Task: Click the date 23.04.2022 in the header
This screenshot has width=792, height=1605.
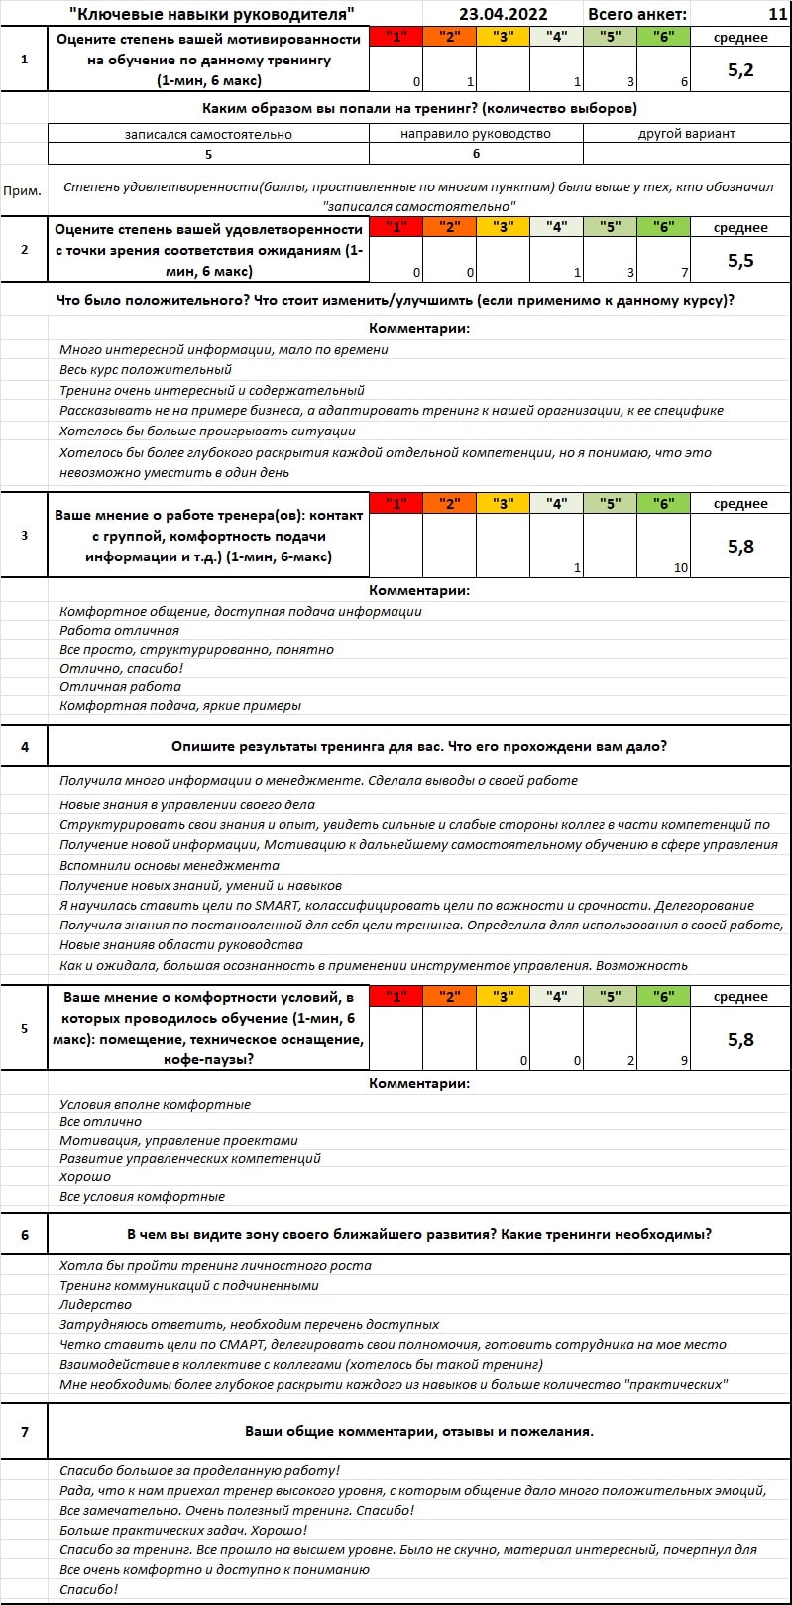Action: [503, 14]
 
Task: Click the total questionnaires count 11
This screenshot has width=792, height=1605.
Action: [777, 14]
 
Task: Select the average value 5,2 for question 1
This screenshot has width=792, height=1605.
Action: [740, 69]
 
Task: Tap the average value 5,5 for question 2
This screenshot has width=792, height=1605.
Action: [740, 260]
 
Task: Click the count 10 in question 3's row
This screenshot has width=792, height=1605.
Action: [680, 568]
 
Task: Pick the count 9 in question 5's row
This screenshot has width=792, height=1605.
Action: [684, 1060]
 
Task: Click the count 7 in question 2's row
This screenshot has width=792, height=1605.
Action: [684, 272]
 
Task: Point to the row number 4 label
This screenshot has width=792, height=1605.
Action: [25, 746]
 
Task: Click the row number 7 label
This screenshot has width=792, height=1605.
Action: [25, 1431]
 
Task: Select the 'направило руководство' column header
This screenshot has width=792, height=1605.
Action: [476, 133]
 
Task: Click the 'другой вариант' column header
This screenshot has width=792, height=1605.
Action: [687, 133]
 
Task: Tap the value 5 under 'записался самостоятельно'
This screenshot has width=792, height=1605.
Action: [208, 154]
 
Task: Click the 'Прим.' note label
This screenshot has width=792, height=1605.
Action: [23, 191]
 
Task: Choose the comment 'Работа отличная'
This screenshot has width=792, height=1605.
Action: [119, 630]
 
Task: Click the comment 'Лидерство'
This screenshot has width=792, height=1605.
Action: [95, 1304]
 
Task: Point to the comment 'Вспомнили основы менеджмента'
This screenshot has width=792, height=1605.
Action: [169, 865]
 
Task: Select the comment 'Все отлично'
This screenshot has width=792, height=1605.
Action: [100, 1121]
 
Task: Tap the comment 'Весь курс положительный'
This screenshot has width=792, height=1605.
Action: [145, 369]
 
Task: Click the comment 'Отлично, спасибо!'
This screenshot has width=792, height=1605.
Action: [121, 668]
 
